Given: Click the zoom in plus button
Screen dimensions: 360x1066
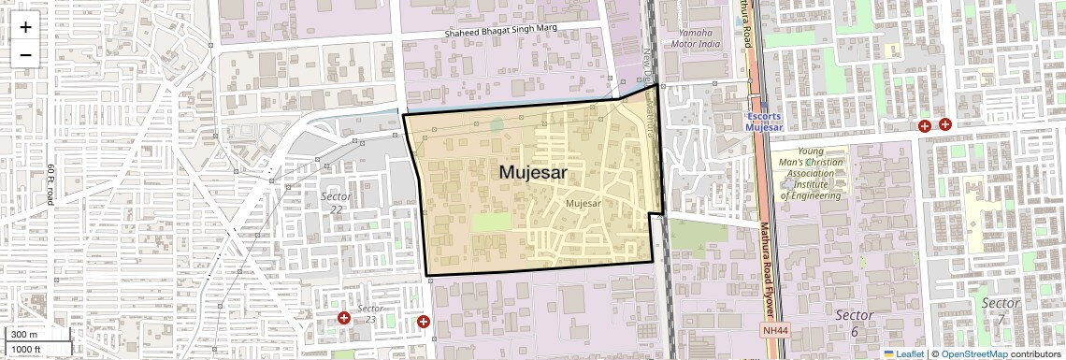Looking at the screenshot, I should [x=25, y=27].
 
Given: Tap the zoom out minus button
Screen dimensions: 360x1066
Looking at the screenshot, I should [x=25, y=54].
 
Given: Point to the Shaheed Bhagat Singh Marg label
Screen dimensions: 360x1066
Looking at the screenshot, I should [x=500, y=29].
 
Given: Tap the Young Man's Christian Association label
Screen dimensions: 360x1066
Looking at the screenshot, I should [x=811, y=173].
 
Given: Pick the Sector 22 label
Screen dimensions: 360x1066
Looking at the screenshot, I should [x=337, y=203].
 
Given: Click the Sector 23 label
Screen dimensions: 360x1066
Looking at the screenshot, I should [x=370, y=314].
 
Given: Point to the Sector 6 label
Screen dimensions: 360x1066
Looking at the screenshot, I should [x=854, y=323].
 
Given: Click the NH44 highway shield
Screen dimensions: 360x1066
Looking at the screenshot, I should [x=775, y=330].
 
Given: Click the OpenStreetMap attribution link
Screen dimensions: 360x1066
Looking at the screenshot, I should [x=973, y=354].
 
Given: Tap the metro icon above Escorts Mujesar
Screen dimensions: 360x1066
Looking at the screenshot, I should [x=762, y=108].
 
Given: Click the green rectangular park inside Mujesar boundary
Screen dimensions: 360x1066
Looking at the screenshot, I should [x=492, y=223].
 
